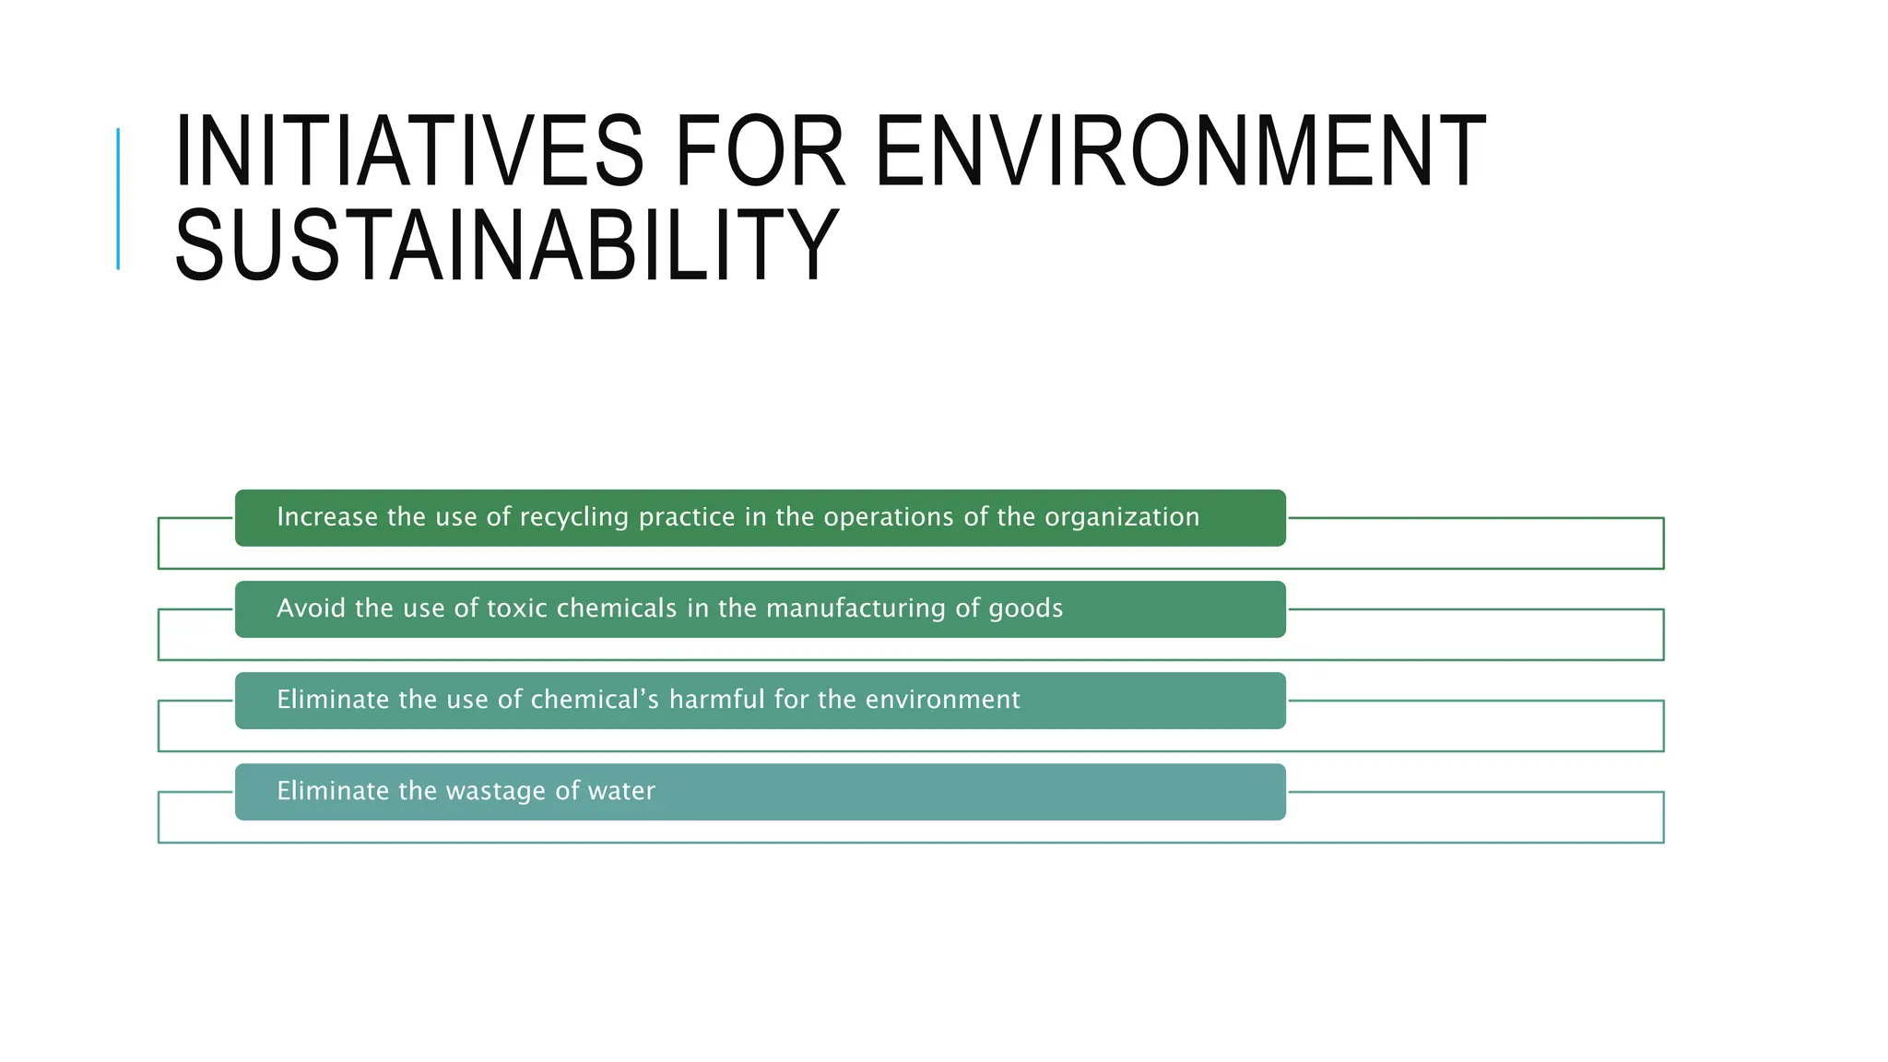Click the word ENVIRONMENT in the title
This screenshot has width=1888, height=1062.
pos(1179,151)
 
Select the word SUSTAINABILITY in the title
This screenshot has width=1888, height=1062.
pos(506,246)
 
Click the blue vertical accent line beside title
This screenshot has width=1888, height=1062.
pos(118,199)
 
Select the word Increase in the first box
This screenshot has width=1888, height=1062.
pos(327,517)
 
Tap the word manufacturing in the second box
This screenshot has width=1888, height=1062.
pos(855,608)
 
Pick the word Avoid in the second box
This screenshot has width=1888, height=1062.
pos(312,608)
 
